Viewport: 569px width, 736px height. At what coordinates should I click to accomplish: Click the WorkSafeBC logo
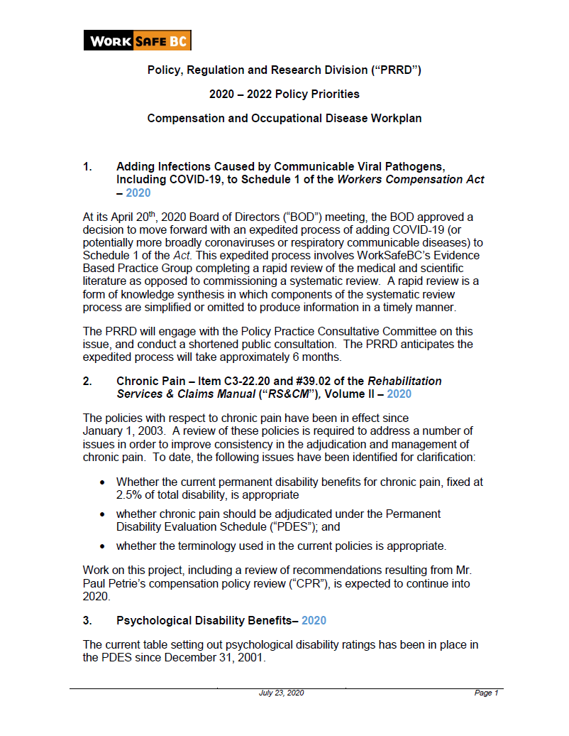[x=137, y=40]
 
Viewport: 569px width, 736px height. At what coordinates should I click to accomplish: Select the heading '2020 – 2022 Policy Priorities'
[x=284, y=94]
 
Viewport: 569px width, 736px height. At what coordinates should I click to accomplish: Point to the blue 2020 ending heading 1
[x=138, y=193]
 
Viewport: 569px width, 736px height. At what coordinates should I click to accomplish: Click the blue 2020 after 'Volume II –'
[x=399, y=394]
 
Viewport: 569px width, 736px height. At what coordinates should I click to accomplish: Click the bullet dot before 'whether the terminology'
[x=103, y=546]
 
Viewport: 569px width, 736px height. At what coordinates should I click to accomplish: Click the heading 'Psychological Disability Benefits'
[x=206, y=620]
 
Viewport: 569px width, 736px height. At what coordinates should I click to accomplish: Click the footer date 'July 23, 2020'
[x=281, y=693]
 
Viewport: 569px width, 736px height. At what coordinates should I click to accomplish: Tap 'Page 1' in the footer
[x=486, y=693]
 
